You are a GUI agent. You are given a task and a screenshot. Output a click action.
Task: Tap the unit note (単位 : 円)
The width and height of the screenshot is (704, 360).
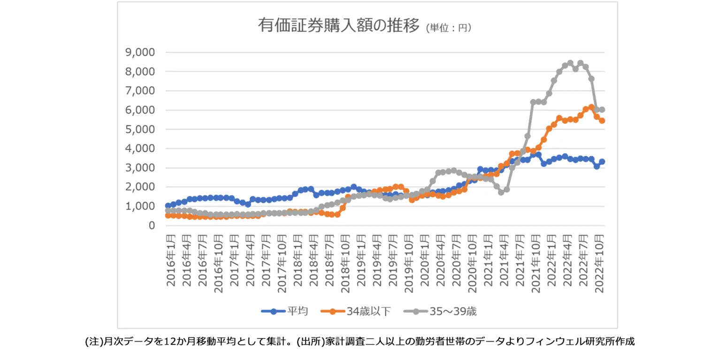pyautogui.click(x=449, y=28)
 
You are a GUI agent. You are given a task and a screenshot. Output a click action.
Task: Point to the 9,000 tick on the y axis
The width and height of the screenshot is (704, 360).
pyautogui.click(x=139, y=52)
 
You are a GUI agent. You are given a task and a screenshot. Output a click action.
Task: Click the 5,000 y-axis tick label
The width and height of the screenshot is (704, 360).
pyautogui.click(x=139, y=129)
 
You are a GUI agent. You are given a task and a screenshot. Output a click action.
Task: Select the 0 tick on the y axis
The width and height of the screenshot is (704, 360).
pyautogui.click(x=151, y=225)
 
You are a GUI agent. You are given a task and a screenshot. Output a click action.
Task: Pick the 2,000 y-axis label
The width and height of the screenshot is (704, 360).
pyautogui.click(x=139, y=187)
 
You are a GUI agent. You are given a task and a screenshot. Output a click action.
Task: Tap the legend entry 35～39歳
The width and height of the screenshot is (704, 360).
pyautogui.click(x=451, y=311)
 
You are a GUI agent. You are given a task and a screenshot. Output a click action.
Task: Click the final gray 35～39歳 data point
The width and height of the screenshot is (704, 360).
pyautogui.click(x=602, y=110)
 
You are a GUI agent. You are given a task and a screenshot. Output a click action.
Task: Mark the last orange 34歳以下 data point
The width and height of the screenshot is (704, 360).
pyautogui.click(x=602, y=121)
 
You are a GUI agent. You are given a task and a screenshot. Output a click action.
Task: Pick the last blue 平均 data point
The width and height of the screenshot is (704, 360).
pyautogui.click(x=602, y=161)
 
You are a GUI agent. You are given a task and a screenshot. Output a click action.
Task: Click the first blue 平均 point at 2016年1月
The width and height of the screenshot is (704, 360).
pyautogui.click(x=168, y=206)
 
